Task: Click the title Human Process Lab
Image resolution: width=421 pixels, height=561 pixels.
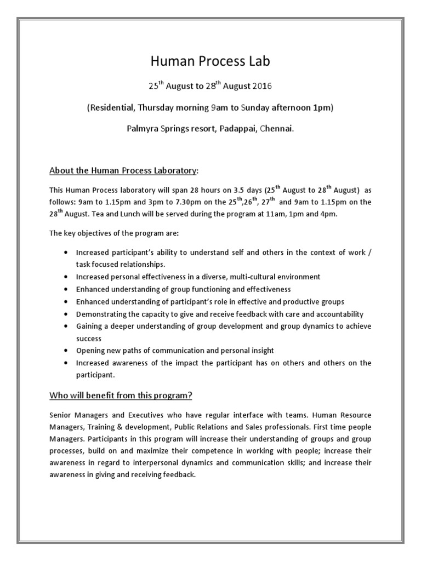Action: (x=210, y=62)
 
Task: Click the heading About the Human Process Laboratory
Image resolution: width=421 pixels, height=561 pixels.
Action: (x=123, y=170)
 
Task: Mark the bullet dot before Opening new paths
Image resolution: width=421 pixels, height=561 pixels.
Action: (x=66, y=350)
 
